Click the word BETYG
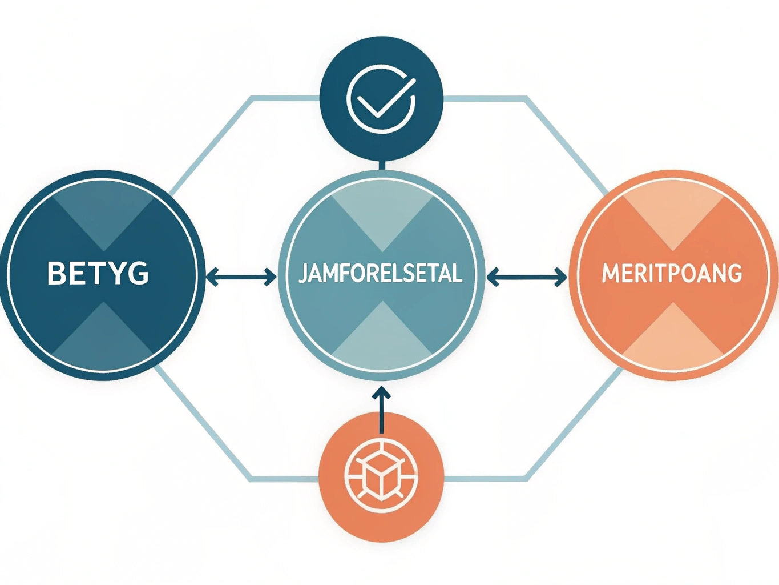pos(98,273)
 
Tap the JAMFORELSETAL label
pos(381,273)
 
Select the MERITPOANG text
pos(672,273)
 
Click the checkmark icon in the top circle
pos(381,99)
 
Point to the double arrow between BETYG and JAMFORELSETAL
pos(241,277)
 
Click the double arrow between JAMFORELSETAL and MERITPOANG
pos(527,277)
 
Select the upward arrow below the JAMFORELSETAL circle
pos(382,410)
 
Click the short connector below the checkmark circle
pos(382,166)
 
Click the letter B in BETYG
pos(56,273)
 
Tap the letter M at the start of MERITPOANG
pos(611,273)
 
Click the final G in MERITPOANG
pos(733,273)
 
